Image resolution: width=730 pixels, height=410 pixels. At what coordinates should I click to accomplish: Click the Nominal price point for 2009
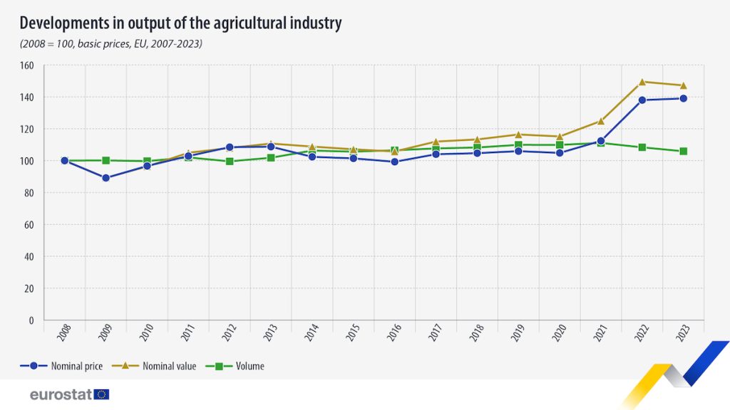click(106, 178)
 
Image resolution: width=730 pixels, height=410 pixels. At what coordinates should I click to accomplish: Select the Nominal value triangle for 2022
click(642, 82)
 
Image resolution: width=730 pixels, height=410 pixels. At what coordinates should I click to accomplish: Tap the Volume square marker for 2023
click(684, 151)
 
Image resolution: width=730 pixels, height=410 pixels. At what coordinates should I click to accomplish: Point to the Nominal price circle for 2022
click(642, 100)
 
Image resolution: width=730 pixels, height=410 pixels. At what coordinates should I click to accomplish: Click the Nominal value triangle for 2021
click(601, 121)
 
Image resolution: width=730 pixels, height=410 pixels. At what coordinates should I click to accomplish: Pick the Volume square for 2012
click(230, 162)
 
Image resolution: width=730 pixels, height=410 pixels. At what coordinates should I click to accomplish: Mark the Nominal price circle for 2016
click(394, 162)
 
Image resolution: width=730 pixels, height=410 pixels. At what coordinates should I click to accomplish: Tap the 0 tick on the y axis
click(32, 320)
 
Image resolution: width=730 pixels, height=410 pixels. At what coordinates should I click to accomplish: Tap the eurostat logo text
click(61, 394)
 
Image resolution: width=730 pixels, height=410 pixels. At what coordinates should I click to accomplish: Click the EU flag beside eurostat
click(101, 394)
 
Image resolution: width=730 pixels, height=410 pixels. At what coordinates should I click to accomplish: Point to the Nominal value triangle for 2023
click(684, 85)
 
